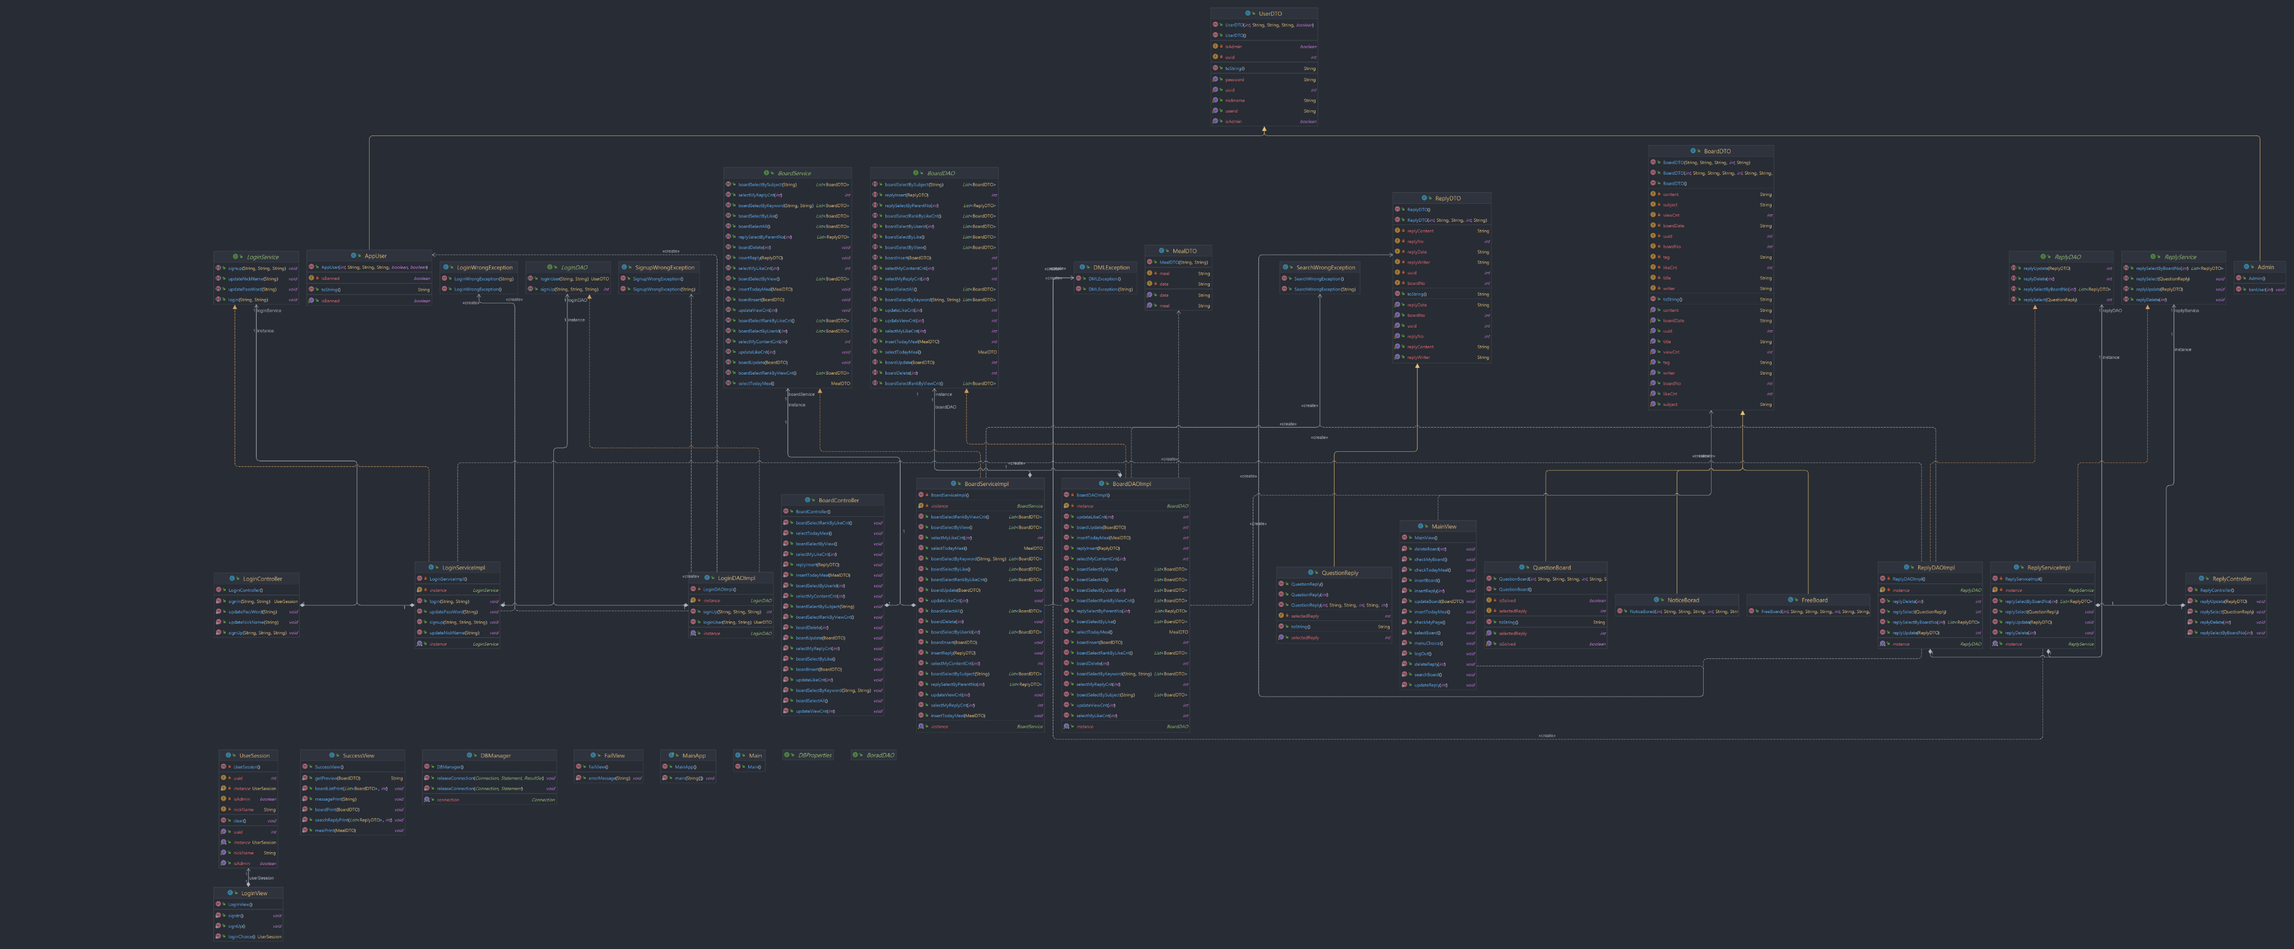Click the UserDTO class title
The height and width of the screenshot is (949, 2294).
click(x=1270, y=13)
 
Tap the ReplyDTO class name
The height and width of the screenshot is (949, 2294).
click(x=1447, y=199)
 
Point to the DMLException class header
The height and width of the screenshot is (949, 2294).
click(x=1111, y=267)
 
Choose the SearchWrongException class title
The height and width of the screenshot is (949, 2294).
click(x=1325, y=267)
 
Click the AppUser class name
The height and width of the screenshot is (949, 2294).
click(x=375, y=255)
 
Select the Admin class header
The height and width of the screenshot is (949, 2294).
click(x=2265, y=267)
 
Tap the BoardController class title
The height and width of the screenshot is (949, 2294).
click(x=838, y=501)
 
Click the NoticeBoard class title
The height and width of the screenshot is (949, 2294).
click(x=1682, y=600)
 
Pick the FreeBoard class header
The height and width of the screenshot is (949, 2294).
click(x=1814, y=600)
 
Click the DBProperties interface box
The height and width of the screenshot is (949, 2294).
click(x=814, y=755)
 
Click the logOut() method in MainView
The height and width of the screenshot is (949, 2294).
click(x=1423, y=653)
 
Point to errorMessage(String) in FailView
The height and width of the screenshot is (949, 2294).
click(x=609, y=778)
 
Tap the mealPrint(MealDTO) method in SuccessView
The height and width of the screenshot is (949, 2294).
click(x=335, y=831)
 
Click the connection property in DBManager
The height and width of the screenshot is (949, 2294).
click(x=448, y=800)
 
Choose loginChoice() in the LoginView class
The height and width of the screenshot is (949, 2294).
click(x=241, y=937)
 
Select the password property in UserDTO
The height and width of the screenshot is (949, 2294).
click(x=1234, y=80)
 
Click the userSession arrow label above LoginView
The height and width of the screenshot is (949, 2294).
click(x=261, y=878)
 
